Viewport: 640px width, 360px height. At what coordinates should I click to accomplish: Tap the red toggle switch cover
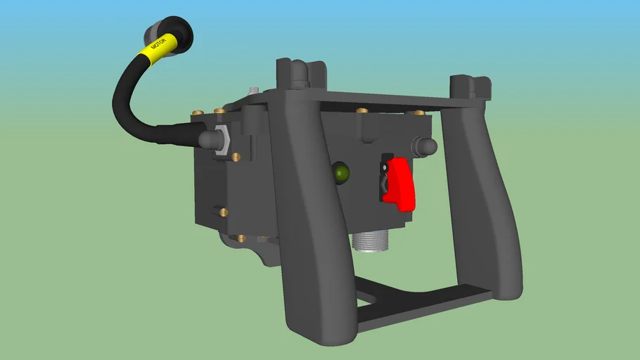click(x=400, y=184)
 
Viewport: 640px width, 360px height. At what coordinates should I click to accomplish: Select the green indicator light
click(x=341, y=172)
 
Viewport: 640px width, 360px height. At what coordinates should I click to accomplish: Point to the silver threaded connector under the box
click(x=370, y=243)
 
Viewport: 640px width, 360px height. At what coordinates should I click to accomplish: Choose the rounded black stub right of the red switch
click(x=425, y=146)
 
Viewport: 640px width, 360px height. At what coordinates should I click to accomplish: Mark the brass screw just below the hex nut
click(x=236, y=156)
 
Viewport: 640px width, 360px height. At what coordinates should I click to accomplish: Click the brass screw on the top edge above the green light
click(x=362, y=110)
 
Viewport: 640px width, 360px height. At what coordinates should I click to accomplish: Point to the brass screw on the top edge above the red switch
click(x=419, y=112)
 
